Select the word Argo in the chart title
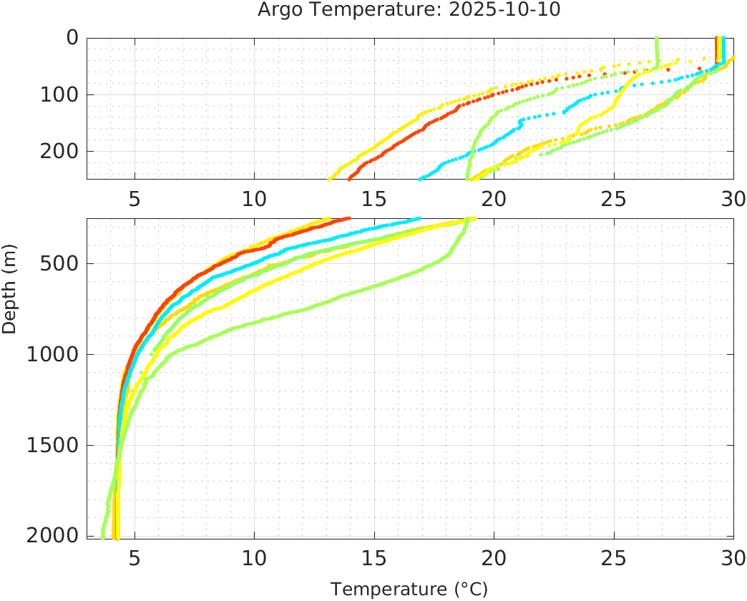click(x=280, y=9)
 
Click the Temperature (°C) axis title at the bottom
click(x=409, y=589)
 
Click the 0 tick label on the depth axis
click(x=72, y=38)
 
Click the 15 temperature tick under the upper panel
click(x=374, y=198)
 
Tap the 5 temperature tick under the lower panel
click(x=135, y=557)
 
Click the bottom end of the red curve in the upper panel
click(x=349, y=178)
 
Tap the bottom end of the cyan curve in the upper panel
click(x=420, y=178)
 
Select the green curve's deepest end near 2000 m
click(x=103, y=535)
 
